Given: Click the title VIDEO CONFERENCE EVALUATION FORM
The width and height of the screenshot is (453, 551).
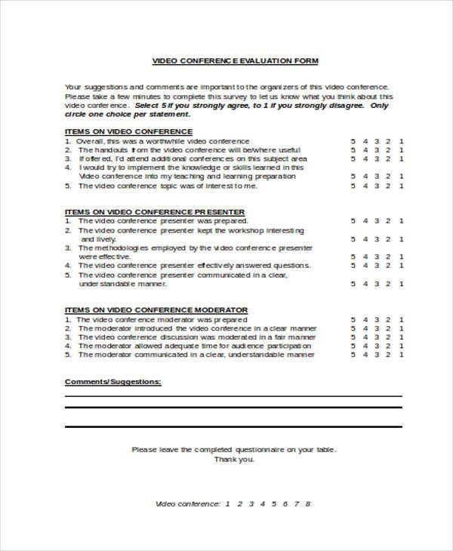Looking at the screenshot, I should click(x=236, y=60).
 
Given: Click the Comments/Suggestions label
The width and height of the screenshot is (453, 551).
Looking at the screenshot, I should click(x=112, y=382).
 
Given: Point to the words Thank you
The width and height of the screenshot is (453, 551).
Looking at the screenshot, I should click(x=234, y=459).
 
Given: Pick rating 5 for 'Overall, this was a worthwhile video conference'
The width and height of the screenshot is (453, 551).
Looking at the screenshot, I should click(x=353, y=140).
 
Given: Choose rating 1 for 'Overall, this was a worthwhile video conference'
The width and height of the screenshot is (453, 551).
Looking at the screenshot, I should click(x=402, y=140).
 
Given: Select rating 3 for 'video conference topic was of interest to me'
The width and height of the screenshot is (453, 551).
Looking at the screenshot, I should click(x=377, y=186).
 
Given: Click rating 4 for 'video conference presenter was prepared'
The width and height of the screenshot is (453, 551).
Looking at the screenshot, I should click(x=365, y=221).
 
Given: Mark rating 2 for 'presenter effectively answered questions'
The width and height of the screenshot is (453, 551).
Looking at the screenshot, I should click(x=390, y=266).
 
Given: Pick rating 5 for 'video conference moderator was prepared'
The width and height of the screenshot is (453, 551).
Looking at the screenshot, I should click(x=353, y=319).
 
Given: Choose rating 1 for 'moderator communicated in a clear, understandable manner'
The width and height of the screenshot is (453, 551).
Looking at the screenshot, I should click(x=402, y=354).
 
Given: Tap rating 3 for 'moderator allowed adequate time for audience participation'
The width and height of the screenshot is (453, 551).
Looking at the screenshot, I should click(x=377, y=346).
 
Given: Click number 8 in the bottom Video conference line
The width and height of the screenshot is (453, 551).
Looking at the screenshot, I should click(x=308, y=503).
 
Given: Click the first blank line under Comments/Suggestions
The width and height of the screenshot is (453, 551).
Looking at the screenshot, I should click(x=233, y=396).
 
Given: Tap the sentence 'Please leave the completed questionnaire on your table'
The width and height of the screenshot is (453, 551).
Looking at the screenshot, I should click(x=234, y=449).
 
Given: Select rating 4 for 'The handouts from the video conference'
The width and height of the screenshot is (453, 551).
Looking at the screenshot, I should click(x=365, y=149).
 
